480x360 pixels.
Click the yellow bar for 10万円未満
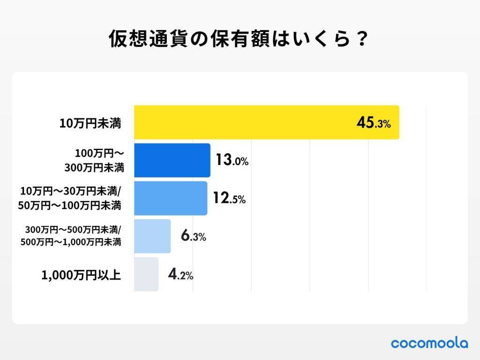click(266, 122)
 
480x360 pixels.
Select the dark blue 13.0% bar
click(172, 160)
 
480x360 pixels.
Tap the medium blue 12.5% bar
click(171, 198)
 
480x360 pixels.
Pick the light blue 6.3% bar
click(152, 236)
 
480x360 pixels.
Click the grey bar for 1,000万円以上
click(146, 274)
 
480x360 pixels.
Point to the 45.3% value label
click(373, 123)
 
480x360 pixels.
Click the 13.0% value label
click(232, 161)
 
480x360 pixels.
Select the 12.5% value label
click(229, 199)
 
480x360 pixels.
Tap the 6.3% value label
click(193, 237)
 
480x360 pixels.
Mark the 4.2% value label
click(180, 275)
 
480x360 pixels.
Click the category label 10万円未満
click(90, 124)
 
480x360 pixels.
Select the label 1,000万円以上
click(81, 275)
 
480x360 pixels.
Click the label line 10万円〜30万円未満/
click(71, 192)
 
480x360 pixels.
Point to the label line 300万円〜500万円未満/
click(74, 230)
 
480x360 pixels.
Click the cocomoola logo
click(429, 343)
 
